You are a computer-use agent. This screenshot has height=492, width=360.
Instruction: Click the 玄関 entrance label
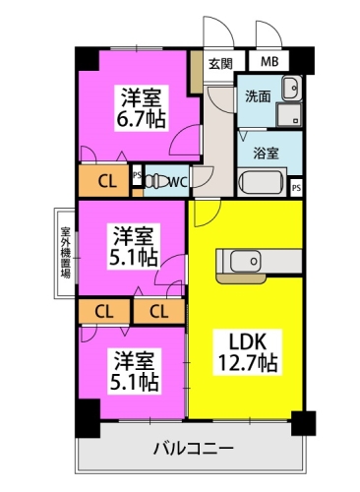tap(220, 64)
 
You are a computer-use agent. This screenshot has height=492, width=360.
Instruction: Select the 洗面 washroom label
tap(259, 96)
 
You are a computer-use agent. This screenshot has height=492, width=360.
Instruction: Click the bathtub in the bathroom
tap(262, 183)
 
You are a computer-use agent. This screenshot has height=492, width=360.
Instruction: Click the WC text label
tap(177, 181)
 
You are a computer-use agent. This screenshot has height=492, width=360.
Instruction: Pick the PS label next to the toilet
tap(137, 175)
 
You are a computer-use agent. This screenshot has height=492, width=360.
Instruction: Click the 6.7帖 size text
tap(142, 120)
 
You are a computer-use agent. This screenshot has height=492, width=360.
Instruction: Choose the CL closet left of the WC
tap(105, 180)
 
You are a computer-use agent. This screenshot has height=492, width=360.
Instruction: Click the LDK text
tap(249, 339)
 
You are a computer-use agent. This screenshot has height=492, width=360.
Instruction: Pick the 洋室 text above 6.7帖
tap(142, 97)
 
